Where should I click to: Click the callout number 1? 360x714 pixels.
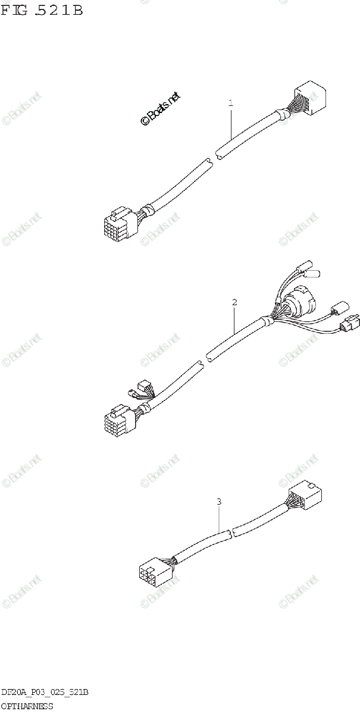(230, 103)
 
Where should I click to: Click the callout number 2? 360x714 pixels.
(234, 302)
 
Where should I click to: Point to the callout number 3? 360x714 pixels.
(219, 502)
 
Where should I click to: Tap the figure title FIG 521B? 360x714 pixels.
(42, 10)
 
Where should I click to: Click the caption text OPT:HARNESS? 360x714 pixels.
(27, 706)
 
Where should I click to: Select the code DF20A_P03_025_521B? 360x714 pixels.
(45, 693)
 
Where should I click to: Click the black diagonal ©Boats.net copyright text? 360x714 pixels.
(159, 109)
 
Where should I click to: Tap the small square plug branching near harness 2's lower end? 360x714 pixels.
(143, 385)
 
